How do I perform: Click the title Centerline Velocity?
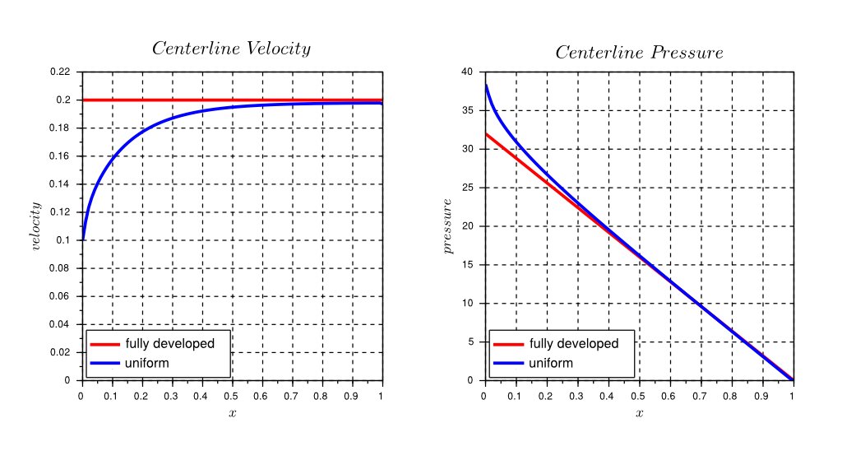232,49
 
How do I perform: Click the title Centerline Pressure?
639,53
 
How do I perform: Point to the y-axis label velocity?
35,226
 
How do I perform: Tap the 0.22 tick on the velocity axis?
60,72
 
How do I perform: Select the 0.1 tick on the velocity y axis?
64,240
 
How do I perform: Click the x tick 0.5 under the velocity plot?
232,396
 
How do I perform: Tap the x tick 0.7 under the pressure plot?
701,396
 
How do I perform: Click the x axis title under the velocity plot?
232,412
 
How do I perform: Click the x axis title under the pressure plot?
639,412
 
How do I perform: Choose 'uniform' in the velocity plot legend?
146,363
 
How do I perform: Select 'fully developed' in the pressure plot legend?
574,344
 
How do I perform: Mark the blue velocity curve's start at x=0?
82,239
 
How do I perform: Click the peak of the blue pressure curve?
486,85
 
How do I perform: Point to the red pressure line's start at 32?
486,133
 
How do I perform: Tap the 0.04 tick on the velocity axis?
60,324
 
